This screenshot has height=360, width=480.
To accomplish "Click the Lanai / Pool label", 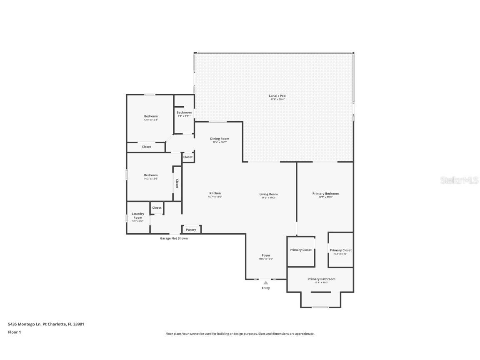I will click(277, 96).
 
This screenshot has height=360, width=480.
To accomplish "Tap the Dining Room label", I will click(219, 139).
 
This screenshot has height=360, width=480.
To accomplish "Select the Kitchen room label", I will click(215, 193).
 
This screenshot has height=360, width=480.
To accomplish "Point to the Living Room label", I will click(268, 194).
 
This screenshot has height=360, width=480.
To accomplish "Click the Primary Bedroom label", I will click(325, 194).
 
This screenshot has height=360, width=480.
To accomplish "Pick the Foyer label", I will click(266, 255).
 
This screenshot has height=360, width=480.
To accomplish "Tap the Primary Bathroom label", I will click(321, 279).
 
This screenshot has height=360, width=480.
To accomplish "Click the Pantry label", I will click(191, 230).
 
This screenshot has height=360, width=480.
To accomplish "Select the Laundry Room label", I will click(138, 216).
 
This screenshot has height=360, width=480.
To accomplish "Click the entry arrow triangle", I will click(266, 283).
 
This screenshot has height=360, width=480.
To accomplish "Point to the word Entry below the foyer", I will click(266, 288).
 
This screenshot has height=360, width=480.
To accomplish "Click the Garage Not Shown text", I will click(174, 238).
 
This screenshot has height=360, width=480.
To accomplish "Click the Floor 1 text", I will click(14, 332).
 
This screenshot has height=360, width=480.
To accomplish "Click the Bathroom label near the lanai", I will click(184, 112).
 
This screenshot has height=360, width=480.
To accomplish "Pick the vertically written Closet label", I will click(177, 183).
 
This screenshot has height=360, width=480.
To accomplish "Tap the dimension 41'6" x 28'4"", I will click(277, 99).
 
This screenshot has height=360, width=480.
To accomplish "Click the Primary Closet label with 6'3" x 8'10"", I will click(340, 250).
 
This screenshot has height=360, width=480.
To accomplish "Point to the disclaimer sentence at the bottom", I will click(240, 334).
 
